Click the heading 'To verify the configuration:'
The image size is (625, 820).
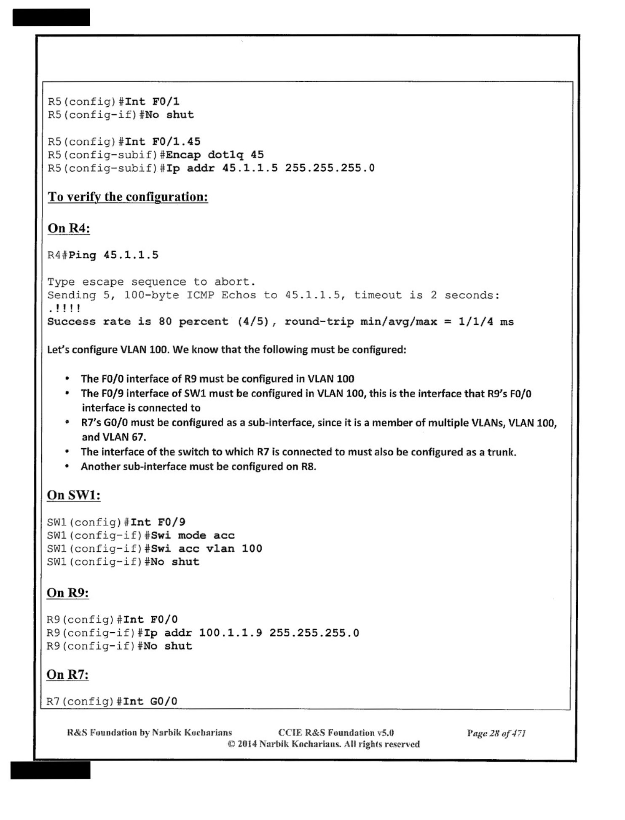point(128,197)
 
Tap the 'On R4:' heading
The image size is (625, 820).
point(69,228)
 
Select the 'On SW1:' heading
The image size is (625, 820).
point(74,495)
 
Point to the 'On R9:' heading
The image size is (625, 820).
point(68,593)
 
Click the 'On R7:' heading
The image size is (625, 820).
point(67,674)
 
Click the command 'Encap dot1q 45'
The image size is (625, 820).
point(215,155)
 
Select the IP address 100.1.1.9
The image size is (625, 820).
point(231,633)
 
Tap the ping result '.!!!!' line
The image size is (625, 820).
point(64,308)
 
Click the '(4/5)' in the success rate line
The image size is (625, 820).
point(253,322)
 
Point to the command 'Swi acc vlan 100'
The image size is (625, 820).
point(207,548)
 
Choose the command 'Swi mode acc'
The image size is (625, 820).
point(193,535)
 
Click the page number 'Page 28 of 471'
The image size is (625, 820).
point(496,733)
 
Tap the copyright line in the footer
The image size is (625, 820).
point(324,744)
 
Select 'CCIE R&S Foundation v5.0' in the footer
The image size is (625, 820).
point(336,733)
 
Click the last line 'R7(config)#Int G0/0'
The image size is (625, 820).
point(112,701)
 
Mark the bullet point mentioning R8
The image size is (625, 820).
point(198,467)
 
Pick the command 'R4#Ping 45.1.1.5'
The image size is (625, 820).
point(103,255)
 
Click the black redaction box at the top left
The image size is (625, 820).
point(51,17)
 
